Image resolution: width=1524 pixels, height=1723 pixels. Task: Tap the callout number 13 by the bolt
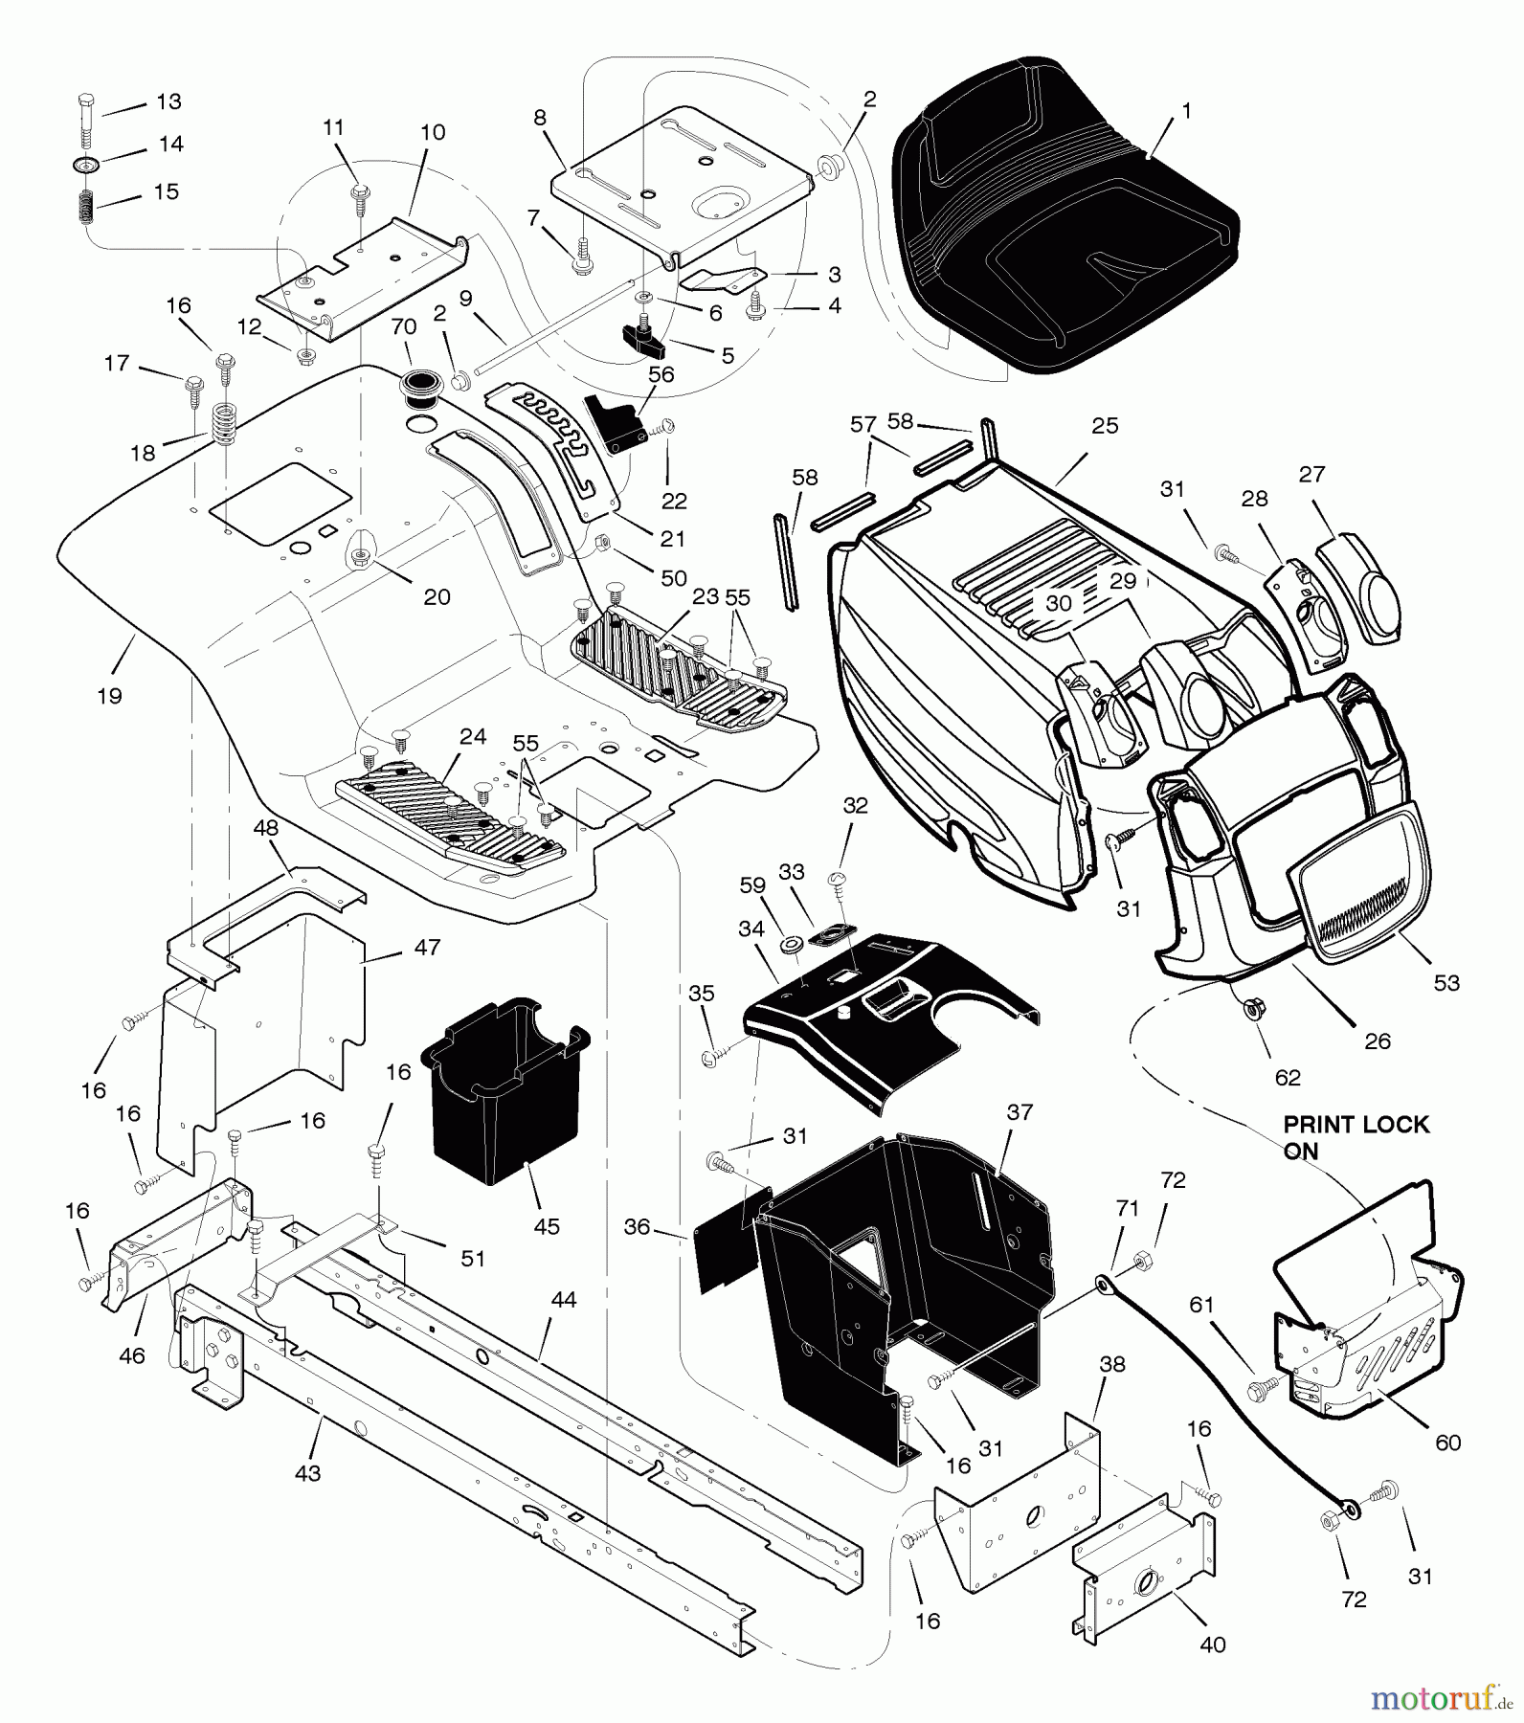[x=168, y=101]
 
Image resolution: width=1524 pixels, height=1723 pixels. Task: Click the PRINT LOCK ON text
[x=1355, y=1137]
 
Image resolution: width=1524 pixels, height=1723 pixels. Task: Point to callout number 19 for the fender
[x=110, y=696]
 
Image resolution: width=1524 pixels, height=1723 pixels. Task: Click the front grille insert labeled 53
[x=1359, y=885]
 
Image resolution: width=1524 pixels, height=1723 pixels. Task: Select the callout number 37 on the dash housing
[x=1020, y=1111]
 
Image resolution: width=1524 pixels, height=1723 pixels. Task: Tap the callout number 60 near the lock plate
[x=1448, y=1443]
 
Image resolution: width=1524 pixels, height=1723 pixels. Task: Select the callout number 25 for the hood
[x=1105, y=426]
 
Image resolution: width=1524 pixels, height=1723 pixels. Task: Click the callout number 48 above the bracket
[x=266, y=828]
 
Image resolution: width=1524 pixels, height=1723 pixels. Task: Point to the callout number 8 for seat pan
[x=540, y=118]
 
